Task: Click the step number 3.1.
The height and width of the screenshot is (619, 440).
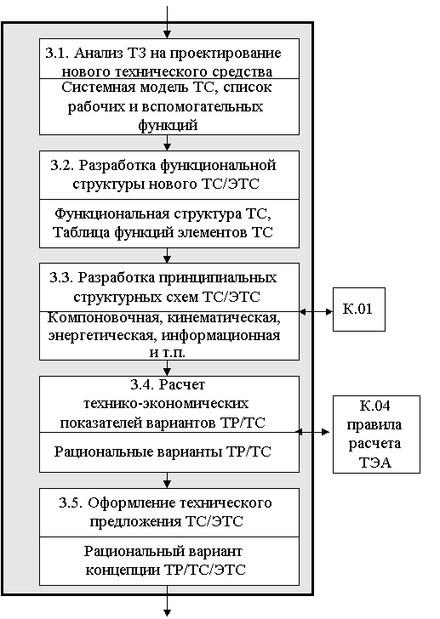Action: [57, 53]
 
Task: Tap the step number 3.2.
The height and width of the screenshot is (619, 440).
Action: [62, 165]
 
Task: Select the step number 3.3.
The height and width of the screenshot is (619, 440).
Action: [61, 277]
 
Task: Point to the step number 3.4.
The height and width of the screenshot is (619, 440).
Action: [142, 384]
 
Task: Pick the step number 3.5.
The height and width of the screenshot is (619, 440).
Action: [71, 503]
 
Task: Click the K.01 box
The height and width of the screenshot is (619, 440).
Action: [358, 309]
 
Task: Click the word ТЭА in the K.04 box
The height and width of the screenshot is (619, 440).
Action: [375, 463]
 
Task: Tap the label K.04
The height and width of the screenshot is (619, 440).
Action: [375, 406]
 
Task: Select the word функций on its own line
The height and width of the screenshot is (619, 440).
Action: [168, 125]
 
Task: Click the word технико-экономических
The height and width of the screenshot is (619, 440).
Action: [166, 403]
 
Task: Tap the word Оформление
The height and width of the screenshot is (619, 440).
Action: [132, 503]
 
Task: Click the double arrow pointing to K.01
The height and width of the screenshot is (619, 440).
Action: [316, 312]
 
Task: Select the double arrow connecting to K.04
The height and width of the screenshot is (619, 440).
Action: [312, 432]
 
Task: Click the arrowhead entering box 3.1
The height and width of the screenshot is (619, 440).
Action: [167, 35]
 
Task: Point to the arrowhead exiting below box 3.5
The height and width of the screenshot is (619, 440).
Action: [167, 613]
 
